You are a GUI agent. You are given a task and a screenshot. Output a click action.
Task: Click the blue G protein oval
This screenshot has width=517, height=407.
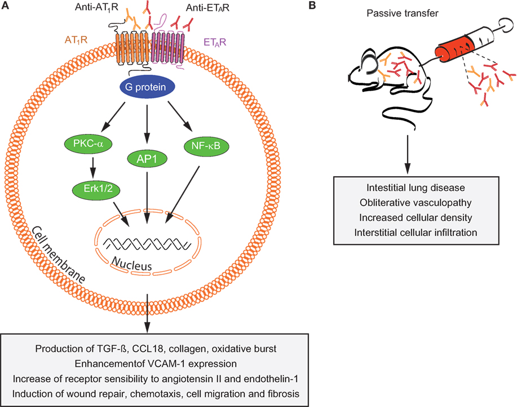click(x=147, y=87)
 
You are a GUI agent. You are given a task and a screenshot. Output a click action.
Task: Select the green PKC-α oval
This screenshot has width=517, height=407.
click(x=88, y=144)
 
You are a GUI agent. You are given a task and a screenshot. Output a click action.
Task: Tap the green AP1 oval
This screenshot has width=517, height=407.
click(x=147, y=159)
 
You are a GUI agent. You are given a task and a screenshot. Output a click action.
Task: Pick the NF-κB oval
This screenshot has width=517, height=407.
click(x=206, y=146)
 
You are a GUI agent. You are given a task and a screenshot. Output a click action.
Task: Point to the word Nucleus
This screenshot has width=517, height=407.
click(x=131, y=264)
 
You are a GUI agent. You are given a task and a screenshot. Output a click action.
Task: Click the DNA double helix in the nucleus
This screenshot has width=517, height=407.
click(x=147, y=244)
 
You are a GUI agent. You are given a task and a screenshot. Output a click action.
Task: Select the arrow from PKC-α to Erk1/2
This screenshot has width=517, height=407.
click(x=93, y=167)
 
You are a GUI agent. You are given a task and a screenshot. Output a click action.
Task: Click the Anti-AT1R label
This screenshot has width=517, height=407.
click(x=96, y=7)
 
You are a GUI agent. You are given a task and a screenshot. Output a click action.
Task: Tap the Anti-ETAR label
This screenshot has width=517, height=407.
click(x=207, y=7)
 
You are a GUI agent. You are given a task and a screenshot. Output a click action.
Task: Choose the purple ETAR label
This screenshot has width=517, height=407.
click(x=215, y=42)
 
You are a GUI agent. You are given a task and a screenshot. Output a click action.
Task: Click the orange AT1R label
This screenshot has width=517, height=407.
click(x=76, y=40)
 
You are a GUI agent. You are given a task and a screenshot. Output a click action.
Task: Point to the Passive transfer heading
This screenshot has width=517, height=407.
click(x=403, y=13)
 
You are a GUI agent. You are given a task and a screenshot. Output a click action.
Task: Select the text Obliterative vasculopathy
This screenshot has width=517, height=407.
click(x=416, y=203)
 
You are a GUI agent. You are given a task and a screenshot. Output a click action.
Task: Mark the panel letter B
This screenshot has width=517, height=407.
click(x=312, y=6)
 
